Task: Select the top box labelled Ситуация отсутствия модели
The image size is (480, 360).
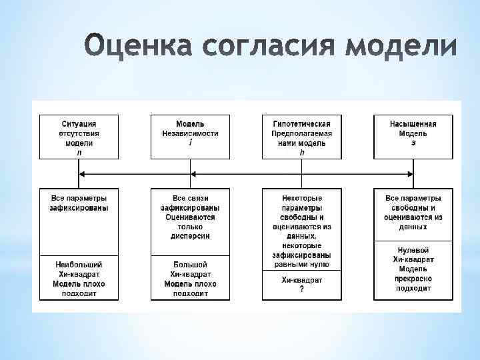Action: coord(79,137)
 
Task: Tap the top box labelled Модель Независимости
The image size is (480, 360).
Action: coord(191,137)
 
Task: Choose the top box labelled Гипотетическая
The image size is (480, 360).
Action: coord(302,137)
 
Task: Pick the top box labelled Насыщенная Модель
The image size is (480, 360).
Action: coord(413,137)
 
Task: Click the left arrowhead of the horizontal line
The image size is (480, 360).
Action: coord(82,174)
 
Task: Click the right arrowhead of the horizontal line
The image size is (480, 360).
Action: coord(410,174)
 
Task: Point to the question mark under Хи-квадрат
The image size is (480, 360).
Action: coord(302,289)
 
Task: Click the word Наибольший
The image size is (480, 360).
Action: coord(79,265)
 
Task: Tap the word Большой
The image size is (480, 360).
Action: coord(191,265)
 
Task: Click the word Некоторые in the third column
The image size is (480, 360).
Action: coord(302,199)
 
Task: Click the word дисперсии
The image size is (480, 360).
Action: coord(191,236)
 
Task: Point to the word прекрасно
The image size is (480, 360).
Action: coord(413,279)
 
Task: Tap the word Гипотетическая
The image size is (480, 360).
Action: coord(302,124)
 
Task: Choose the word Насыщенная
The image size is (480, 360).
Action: coord(413,124)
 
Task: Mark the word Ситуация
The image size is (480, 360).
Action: coord(79,124)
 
